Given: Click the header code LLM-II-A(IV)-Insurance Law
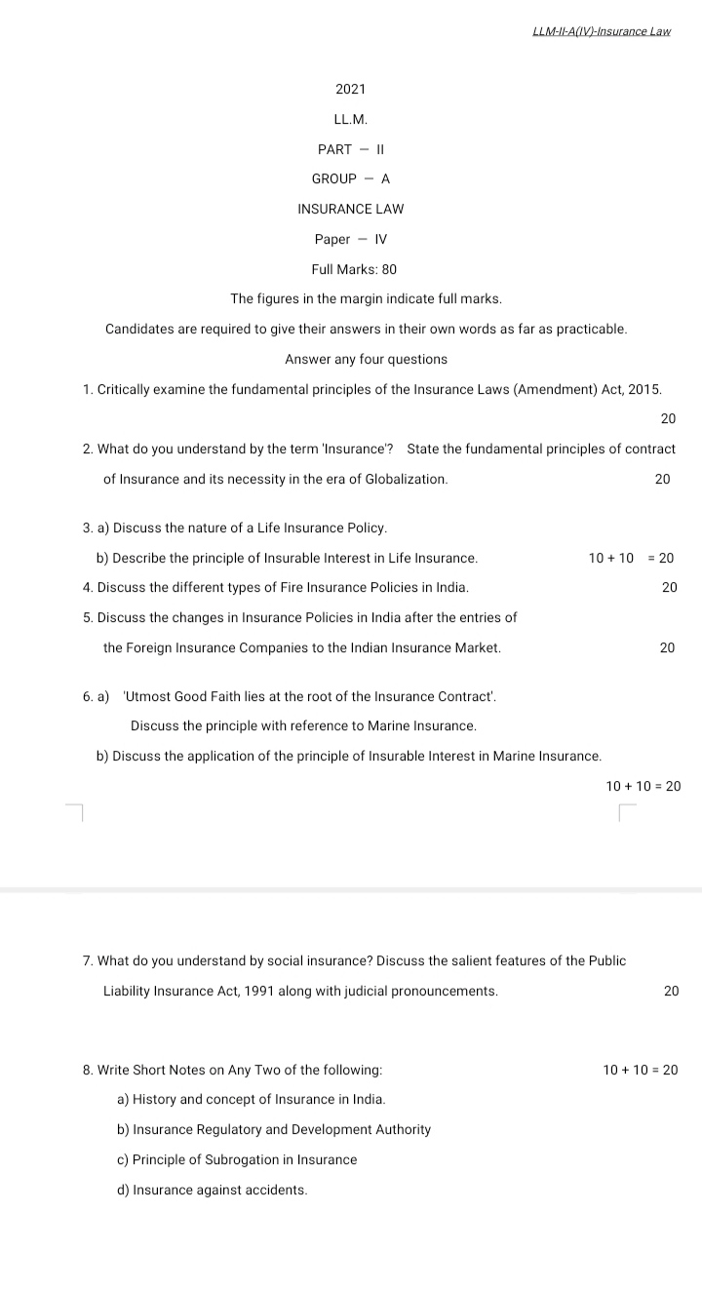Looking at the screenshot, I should click(x=602, y=31).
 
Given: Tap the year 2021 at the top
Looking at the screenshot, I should click(x=350, y=90).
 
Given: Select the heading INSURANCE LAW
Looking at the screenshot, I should click(x=350, y=210).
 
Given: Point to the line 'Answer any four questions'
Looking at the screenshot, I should click(x=366, y=360).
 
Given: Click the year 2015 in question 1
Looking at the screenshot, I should click(x=643, y=390).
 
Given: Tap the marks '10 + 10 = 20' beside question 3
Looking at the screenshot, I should click(x=631, y=559).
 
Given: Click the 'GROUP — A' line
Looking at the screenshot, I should click(x=350, y=179).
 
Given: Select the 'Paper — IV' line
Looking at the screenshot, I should click(x=350, y=240).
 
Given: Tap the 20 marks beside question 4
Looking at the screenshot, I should click(x=669, y=588).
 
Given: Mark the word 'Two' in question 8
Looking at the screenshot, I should click(x=266, y=1071).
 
